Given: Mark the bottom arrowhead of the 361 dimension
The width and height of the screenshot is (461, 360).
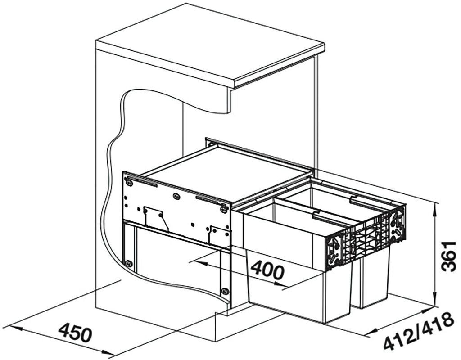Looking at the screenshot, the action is click(x=436, y=300).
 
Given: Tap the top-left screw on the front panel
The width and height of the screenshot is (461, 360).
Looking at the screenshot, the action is click(x=129, y=183).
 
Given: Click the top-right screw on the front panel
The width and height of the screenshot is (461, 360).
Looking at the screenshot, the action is click(x=224, y=209).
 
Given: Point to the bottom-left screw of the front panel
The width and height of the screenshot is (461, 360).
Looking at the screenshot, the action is click(x=128, y=263).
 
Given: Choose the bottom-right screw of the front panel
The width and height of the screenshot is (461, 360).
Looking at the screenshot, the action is click(x=225, y=291).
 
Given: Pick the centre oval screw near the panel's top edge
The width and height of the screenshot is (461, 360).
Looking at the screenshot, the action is click(x=176, y=196).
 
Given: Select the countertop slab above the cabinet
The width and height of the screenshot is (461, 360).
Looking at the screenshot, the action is click(x=210, y=45).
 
